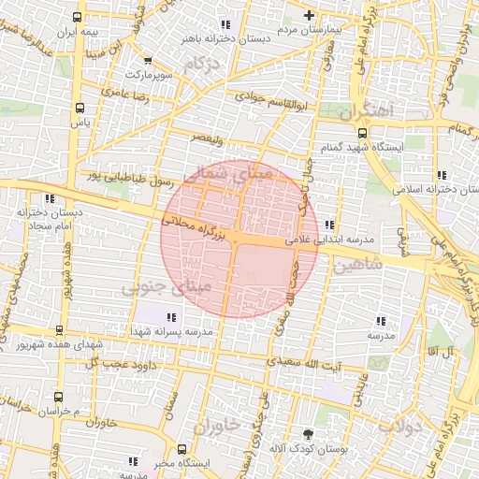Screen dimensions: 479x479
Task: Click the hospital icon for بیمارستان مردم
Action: [x=311, y=15]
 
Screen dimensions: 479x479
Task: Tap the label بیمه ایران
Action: [x=78, y=33]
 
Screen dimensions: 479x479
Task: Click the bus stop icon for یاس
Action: [x=80, y=107]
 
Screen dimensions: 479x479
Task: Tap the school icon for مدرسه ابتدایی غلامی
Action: [x=328, y=225]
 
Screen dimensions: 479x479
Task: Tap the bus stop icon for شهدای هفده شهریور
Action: [x=60, y=330]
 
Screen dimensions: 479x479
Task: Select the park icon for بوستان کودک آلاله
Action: [x=309, y=433]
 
